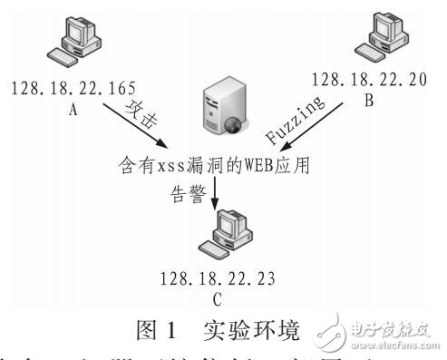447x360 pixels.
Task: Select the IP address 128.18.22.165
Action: tap(73, 89)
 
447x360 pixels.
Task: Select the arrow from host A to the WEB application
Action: tap(134, 128)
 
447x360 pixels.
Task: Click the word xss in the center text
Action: tap(160, 167)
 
